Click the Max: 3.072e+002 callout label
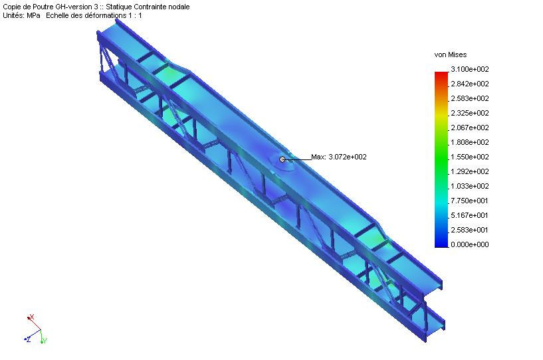[x=339, y=157]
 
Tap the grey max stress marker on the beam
[x=282, y=159]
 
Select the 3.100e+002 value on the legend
[x=470, y=69]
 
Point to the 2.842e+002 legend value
[x=470, y=84]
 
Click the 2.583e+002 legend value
[x=470, y=98]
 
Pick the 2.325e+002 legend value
[x=470, y=113]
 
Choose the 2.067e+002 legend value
[x=470, y=128]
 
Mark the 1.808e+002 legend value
[x=470, y=142]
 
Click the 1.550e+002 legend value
[x=470, y=157]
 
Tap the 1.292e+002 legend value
[x=470, y=171]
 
